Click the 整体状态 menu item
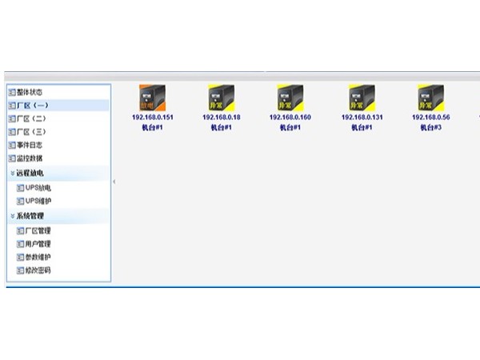click(x=30, y=92)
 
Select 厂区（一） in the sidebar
click(x=32, y=105)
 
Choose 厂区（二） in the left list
click(x=32, y=118)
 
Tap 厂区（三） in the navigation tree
click(x=32, y=131)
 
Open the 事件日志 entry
click(x=30, y=145)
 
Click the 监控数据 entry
click(x=30, y=158)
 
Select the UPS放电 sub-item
click(x=38, y=187)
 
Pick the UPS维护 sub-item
click(x=38, y=201)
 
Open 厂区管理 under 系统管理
click(x=38, y=230)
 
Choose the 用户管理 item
click(x=38, y=244)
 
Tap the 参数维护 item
click(x=38, y=257)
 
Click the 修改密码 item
click(x=38, y=270)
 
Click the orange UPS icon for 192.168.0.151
click(x=152, y=98)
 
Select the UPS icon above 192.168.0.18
click(x=221, y=98)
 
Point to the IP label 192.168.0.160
click(x=290, y=118)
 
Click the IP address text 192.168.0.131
click(x=362, y=118)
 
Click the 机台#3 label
click(x=430, y=127)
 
